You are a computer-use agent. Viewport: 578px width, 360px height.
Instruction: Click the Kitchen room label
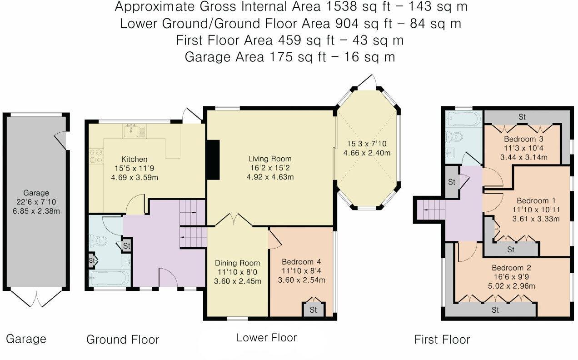(x=135, y=159)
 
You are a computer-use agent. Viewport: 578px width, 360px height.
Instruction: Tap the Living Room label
(x=270, y=159)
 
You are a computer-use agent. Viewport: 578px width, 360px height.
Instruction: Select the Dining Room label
(x=237, y=263)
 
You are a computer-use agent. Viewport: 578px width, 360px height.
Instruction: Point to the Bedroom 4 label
(x=301, y=262)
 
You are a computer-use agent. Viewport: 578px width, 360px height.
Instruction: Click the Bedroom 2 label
(x=511, y=268)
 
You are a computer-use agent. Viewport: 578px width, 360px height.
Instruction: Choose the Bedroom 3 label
(x=523, y=139)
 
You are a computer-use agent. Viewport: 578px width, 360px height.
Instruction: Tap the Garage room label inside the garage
(x=36, y=193)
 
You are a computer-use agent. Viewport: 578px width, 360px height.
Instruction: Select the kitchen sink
(x=131, y=130)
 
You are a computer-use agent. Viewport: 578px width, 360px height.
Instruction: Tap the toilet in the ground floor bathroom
(x=98, y=241)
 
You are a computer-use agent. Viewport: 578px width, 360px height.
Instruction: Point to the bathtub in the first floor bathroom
(x=464, y=119)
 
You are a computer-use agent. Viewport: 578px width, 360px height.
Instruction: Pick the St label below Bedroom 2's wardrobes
(x=495, y=310)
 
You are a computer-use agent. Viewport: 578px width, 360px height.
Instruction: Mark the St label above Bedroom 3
(x=522, y=117)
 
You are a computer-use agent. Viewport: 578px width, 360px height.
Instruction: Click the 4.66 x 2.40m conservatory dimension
(x=367, y=153)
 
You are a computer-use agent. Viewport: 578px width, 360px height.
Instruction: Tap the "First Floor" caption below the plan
(x=442, y=340)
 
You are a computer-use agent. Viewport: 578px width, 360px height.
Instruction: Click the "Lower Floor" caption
(x=267, y=338)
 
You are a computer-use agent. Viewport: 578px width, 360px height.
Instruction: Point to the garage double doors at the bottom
(x=36, y=299)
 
